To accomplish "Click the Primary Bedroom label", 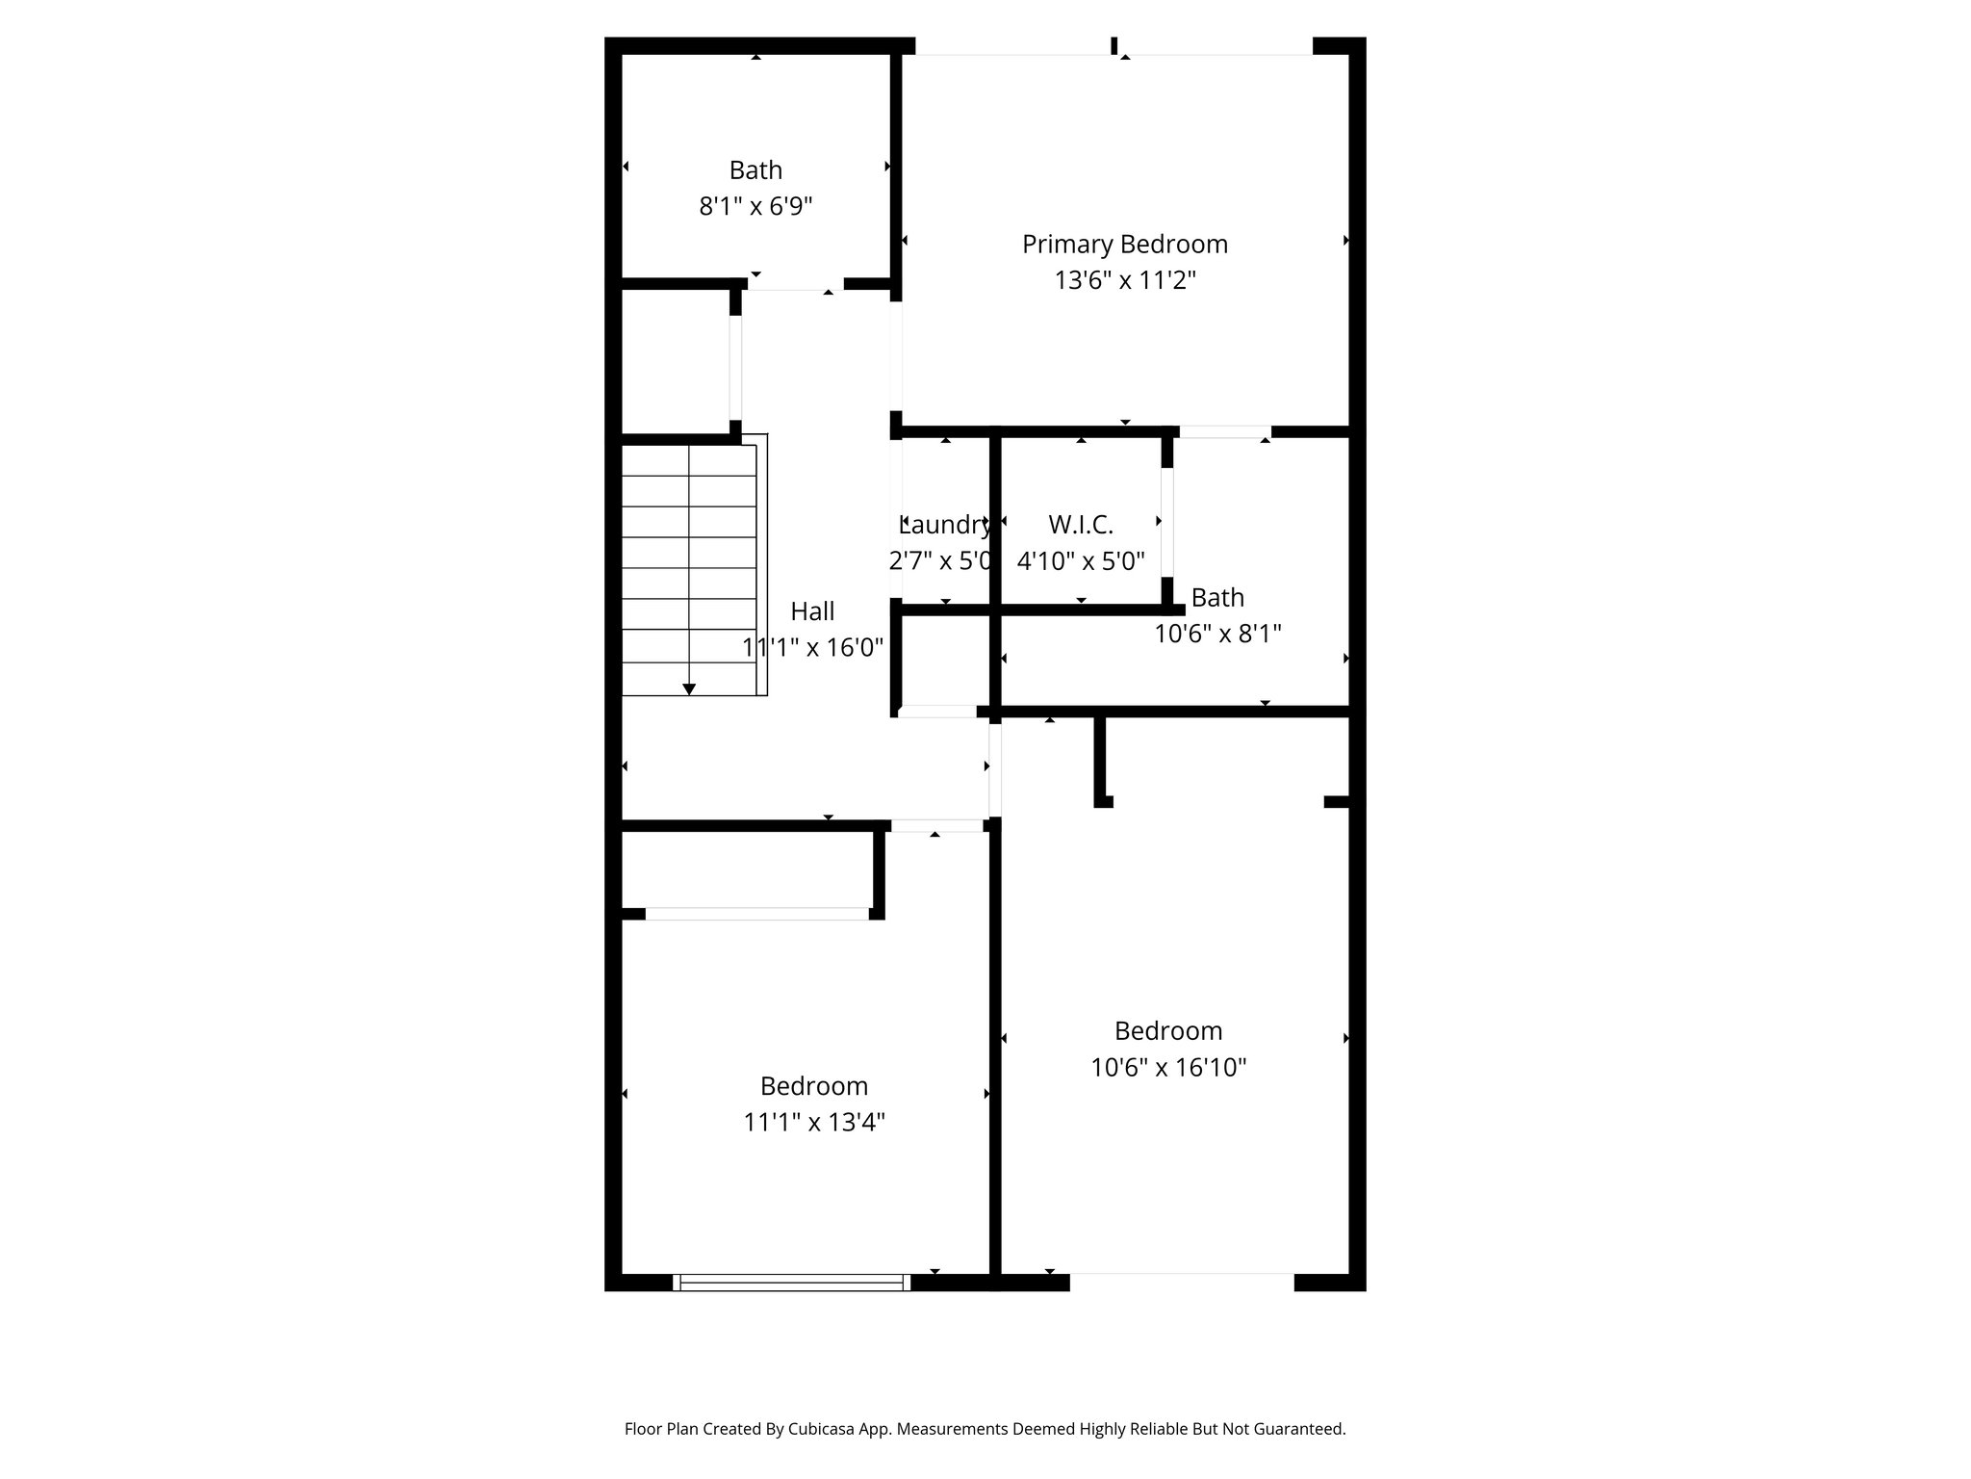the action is point(1125,245).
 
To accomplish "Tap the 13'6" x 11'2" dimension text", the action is point(1125,280).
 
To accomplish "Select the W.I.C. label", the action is point(1081,525).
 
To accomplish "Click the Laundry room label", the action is point(945,525).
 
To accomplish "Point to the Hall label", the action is point(812,611).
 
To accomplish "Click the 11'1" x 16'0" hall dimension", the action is point(812,647).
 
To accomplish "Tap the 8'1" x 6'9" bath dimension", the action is point(755,206).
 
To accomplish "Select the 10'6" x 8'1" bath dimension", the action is point(1217,634).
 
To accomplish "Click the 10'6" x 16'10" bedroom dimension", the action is point(1168,1067).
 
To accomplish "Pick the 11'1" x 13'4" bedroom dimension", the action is point(814,1122).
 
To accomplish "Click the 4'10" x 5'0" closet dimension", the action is point(1081,560).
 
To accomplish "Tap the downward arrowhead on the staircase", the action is point(689,689).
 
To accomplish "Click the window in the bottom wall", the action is point(791,1282).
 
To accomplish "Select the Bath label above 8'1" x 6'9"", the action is point(755,170).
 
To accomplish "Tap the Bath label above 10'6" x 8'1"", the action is point(1217,598).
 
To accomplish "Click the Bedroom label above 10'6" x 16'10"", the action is point(1168,1031).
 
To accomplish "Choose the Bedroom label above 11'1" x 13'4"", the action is point(814,1086).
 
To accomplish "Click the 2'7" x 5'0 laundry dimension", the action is point(940,560).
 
